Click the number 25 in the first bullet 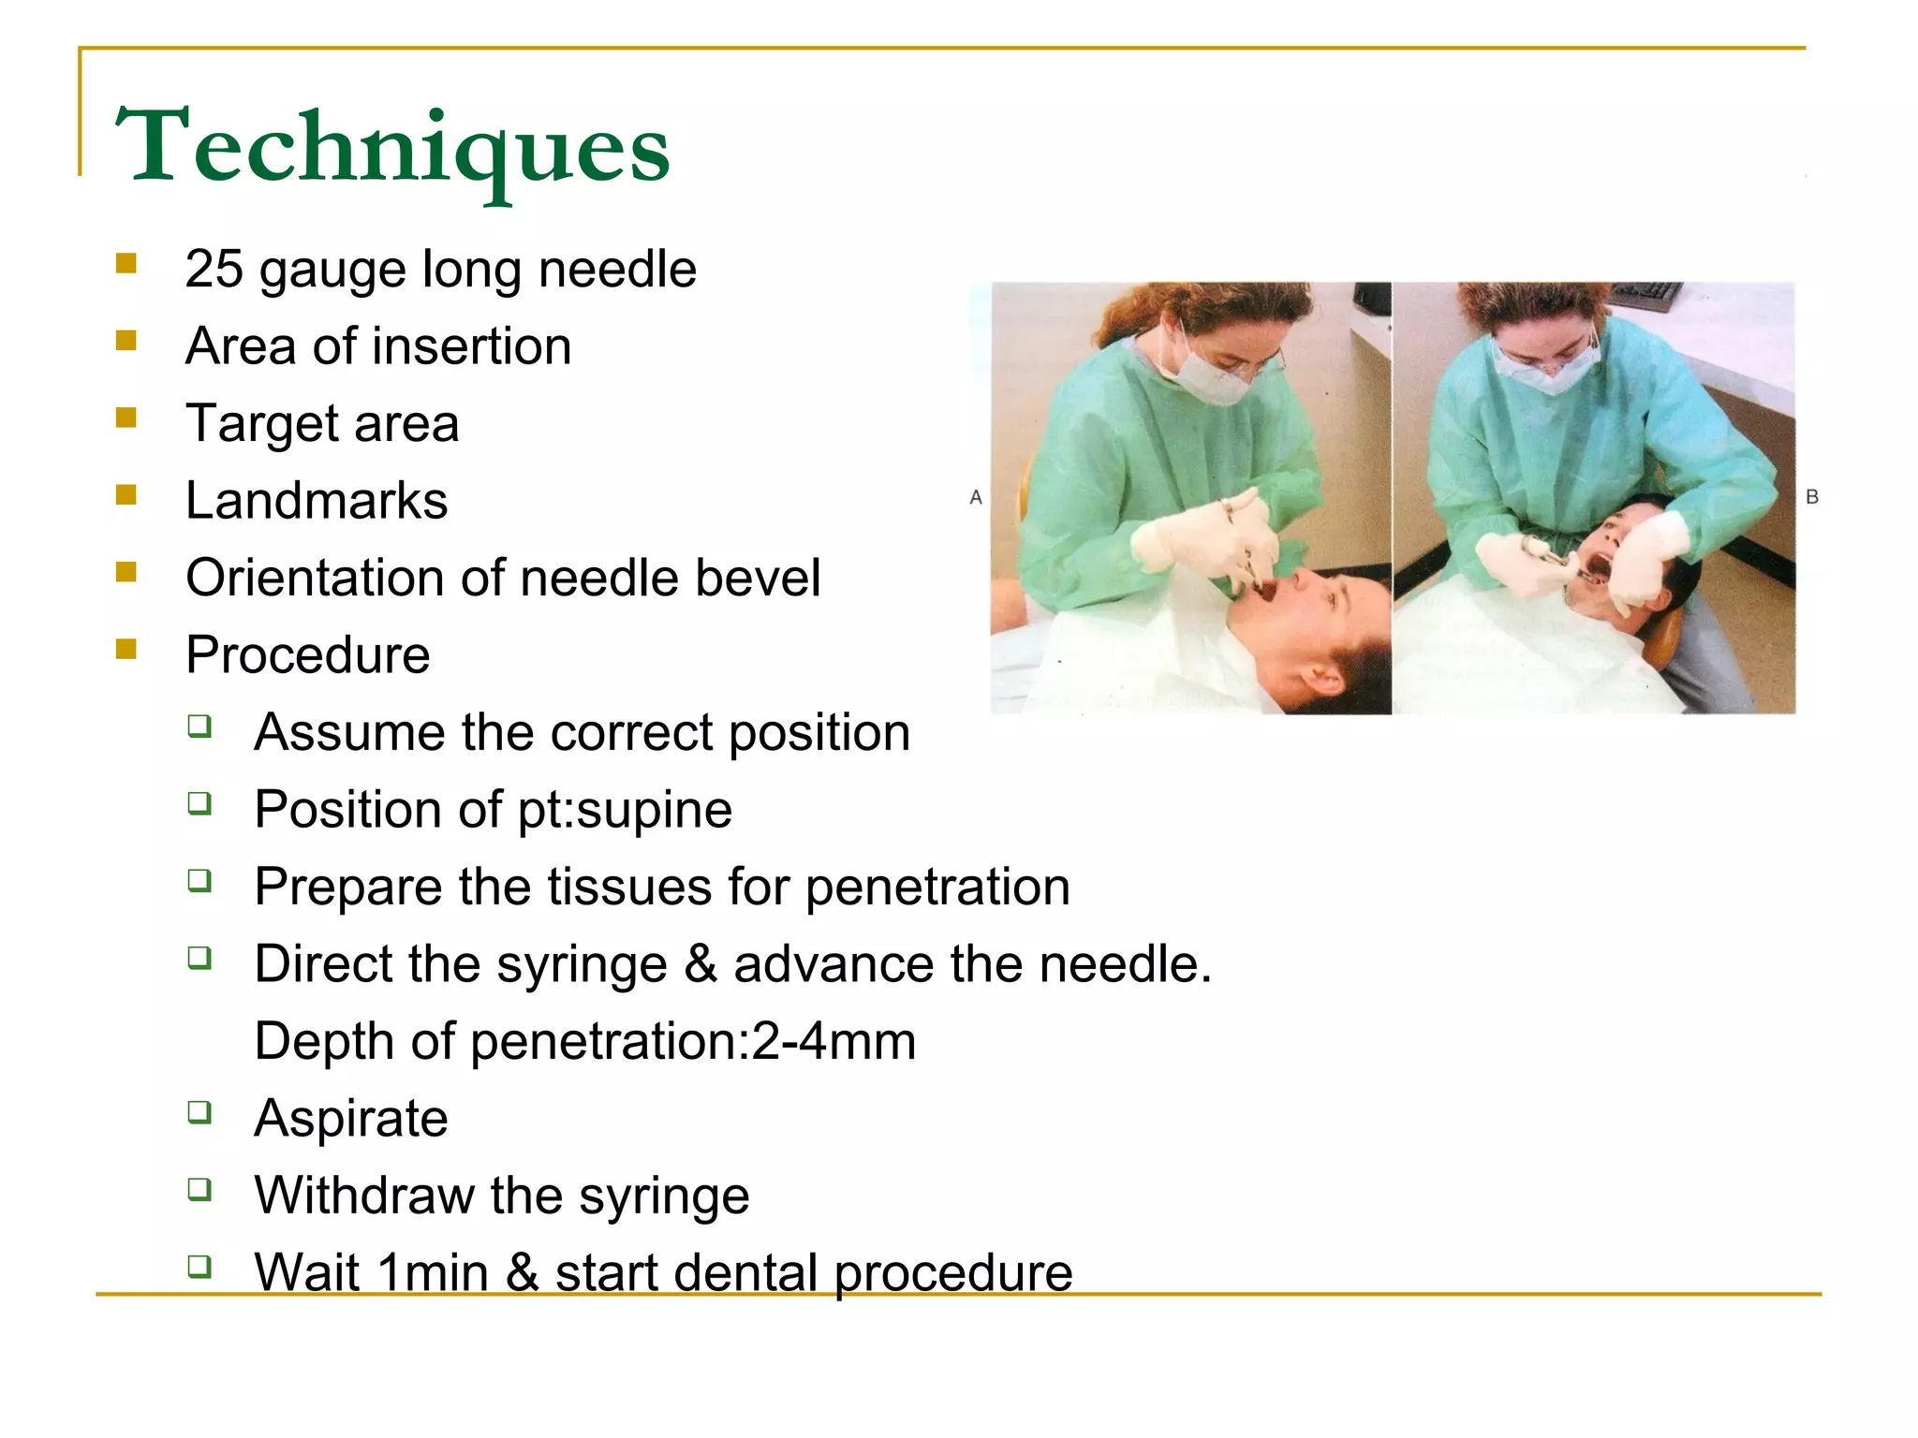click(x=214, y=270)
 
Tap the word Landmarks click(x=317, y=501)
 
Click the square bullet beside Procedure click(x=126, y=649)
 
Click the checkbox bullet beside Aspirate click(x=199, y=1112)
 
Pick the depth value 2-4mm click(x=834, y=1041)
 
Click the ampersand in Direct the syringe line click(x=701, y=964)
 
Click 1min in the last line click(x=432, y=1273)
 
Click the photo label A click(x=976, y=497)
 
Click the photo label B click(x=1812, y=497)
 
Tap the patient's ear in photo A click(x=1322, y=676)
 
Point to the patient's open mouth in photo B click(x=1595, y=567)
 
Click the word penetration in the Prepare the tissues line click(x=937, y=888)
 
